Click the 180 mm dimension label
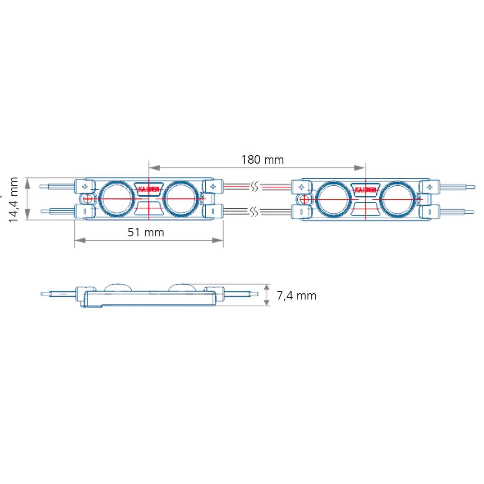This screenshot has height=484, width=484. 262,160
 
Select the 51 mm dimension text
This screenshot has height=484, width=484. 146,232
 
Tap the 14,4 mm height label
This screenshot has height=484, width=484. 14,199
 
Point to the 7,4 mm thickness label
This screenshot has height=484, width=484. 296,296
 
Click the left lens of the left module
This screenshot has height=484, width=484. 116,198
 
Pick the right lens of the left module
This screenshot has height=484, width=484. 180,198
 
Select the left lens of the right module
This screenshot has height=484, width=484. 333,198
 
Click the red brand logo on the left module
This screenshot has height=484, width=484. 148,189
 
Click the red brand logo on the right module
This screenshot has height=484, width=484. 365,189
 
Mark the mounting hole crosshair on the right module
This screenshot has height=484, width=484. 304,199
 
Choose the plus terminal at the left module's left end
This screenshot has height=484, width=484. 85,186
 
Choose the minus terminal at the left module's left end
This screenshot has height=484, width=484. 85,211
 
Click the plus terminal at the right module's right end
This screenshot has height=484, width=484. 429,186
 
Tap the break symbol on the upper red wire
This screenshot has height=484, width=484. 254,186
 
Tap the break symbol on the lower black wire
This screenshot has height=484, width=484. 254,211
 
